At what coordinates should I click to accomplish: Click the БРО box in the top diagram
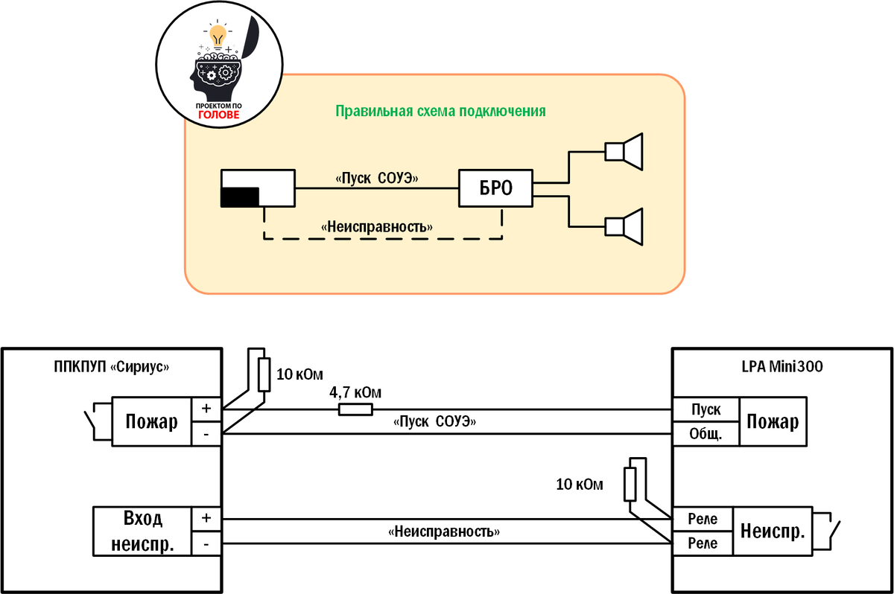point(496,189)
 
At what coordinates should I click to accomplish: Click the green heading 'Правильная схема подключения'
point(440,112)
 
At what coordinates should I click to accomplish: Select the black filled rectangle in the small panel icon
point(239,197)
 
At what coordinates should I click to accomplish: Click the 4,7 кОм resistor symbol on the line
point(355,409)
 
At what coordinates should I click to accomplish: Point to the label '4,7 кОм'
point(356,392)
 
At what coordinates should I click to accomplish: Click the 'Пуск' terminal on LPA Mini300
point(706,410)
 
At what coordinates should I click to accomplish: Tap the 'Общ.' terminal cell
point(706,434)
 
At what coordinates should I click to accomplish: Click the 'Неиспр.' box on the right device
point(773,531)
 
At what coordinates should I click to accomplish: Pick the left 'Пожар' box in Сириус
point(151,422)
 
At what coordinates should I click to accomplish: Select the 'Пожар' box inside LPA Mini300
point(773,422)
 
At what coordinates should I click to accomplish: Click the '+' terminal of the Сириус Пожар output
point(206,409)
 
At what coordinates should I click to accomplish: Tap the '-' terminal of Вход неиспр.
point(206,544)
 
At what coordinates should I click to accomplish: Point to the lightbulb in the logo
point(217,34)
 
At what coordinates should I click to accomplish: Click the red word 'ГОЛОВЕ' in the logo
point(218,115)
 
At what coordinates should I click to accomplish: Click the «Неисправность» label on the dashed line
point(377,226)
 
